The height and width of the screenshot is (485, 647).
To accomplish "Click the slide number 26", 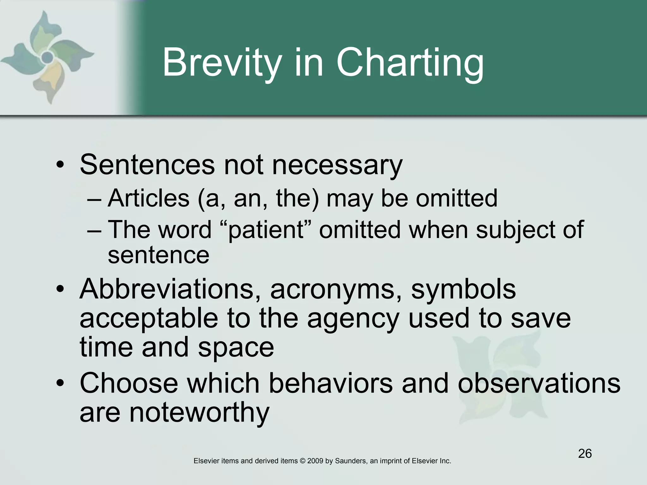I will click(x=585, y=453).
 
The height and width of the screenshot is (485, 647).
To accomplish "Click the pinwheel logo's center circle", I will click(x=47, y=57).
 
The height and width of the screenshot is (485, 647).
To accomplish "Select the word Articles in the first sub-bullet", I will click(x=148, y=198).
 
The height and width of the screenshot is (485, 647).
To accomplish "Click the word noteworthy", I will click(x=199, y=412).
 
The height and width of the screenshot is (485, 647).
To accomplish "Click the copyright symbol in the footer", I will click(x=302, y=461).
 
